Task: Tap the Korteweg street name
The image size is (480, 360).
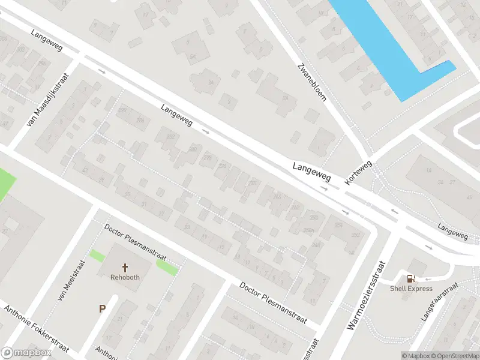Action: point(359,172)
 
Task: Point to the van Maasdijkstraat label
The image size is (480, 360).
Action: point(49,100)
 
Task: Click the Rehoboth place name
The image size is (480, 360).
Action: point(125,277)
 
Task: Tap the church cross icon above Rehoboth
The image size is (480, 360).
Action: point(125,267)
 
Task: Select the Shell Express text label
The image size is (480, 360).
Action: point(411,288)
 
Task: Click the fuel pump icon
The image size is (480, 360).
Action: point(411,278)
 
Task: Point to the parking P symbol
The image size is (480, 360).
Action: point(102,309)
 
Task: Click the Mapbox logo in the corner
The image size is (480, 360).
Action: point(26,353)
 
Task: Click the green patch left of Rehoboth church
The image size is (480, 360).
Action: point(97,255)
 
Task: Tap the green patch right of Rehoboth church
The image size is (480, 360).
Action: point(167,269)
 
